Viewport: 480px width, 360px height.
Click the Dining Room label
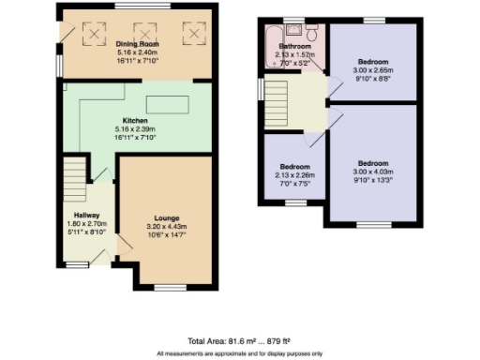138,44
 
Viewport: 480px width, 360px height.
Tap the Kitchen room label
132,119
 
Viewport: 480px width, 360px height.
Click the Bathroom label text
294,46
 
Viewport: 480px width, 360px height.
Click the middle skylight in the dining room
145,32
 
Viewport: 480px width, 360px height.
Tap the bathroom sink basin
293,31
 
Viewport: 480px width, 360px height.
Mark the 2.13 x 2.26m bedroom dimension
294,174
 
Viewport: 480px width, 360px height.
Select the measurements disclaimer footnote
239,353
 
